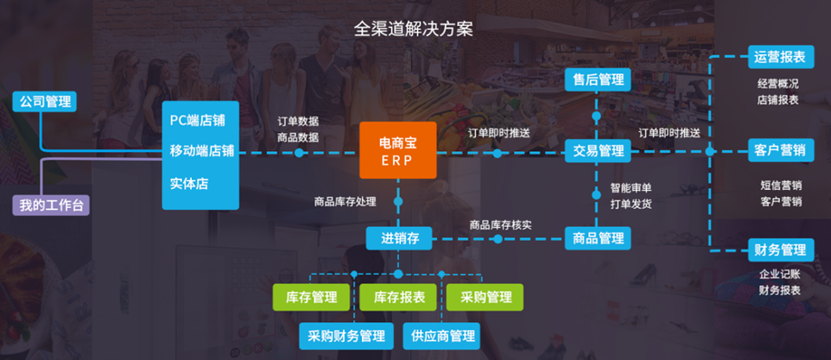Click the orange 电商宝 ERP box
click(x=398, y=151)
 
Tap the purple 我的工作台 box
click(x=50, y=205)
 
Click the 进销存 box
click(x=400, y=238)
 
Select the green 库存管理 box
click(x=312, y=297)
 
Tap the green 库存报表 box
click(x=399, y=297)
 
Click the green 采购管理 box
click(x=485, y=297)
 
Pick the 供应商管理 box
click(x=442, y=336)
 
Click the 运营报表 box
click(x=780, y=58)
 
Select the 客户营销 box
click(x=780, y=151)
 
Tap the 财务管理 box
click(x=780, y=251)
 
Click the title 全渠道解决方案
click(x=414, y=28)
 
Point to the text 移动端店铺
click(x=201, y=151)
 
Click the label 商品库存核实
click(x=501, y=224)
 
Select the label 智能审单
click(x=631, y=187)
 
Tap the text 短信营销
click(x=780, y=185)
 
